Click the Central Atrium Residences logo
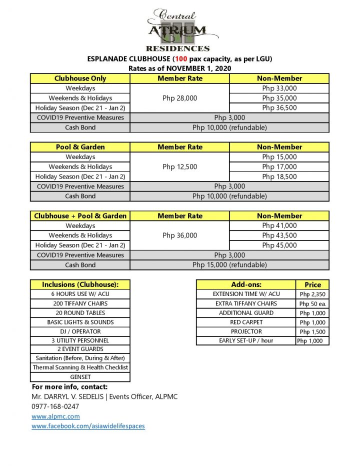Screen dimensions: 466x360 [180, 30]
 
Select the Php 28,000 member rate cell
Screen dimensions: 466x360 [179, 98]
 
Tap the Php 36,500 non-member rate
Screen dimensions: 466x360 [279, 108]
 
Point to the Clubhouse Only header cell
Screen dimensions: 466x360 [80, 78]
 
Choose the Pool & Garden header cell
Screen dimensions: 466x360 [80, 147]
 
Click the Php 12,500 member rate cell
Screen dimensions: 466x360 [179, 166]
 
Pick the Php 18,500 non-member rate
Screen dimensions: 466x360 [279, 176]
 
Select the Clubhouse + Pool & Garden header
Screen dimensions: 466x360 [80, 216]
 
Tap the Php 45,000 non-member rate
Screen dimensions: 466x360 [279, 245]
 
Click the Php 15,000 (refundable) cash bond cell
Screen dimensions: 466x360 [229, 265]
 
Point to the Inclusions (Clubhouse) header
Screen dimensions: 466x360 [80, 284]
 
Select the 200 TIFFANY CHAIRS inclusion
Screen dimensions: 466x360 [80, 303]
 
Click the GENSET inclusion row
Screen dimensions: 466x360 [80, 377]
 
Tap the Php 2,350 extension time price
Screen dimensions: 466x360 [312, 294]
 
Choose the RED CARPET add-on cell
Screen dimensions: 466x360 [246, 322]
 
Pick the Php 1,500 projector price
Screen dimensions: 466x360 [312, 332]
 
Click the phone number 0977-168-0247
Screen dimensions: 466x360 [54, 406]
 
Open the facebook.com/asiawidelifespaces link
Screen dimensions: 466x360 [88, 426]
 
